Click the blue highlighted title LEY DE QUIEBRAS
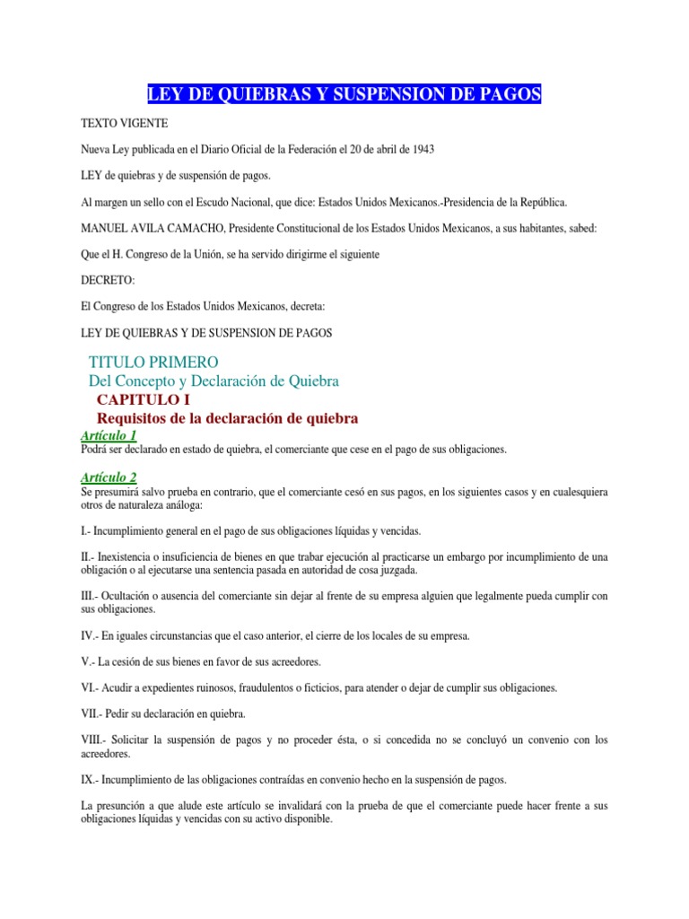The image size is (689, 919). (344, 94)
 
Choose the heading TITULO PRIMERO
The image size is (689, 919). (153, 362)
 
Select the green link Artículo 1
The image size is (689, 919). (109, 435)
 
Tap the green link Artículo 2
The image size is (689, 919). (109, 477)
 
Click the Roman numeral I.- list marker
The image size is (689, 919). (87, 531)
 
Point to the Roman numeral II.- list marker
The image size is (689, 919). (89, 557)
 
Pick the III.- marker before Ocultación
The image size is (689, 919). (91, 596)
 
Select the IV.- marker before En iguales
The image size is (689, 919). (91, 635)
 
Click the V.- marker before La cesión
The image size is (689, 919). (89, 661)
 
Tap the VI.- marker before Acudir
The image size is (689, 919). (91, 687)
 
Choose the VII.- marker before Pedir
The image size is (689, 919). (92, 713)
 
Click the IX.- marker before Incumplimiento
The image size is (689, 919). (91, 779)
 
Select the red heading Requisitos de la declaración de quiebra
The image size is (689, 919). (227, 418)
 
